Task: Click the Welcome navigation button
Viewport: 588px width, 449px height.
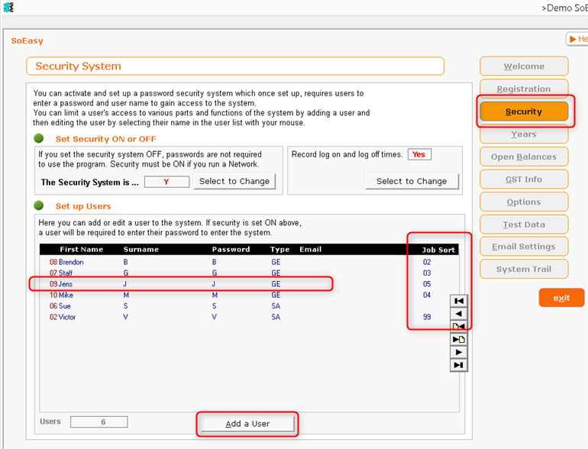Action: (x=524, y=66)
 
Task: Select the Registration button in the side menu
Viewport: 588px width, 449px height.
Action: (x=524, y=89)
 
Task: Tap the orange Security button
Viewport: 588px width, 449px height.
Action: (x=524, y=111)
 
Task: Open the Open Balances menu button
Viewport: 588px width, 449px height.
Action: (x=524, y=157)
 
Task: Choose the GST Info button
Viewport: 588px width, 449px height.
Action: (x=524, y=179)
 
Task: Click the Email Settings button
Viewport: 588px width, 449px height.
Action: (x=524, y=247)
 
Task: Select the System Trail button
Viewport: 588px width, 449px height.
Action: (x=524, y=269)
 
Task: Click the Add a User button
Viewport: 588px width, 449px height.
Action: (x=247, y=424)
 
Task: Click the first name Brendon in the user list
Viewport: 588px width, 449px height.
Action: (x=71, y=262)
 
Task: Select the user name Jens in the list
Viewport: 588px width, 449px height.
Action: (x=65, y=284)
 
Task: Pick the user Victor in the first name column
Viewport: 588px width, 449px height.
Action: (x=66, y=317)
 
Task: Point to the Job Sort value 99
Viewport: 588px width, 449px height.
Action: (x=427, y=317)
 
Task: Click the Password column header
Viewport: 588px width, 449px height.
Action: (x=231, y=250)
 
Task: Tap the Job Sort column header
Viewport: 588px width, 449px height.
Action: (x=438, y=250)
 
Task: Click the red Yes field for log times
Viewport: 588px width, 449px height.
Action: (x=419, y=154)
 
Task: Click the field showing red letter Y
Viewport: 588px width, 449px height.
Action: (x=166, y=182)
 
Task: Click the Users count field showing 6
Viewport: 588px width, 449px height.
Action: (x=99, y=422)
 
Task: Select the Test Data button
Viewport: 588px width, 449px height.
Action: (x=524, y=224)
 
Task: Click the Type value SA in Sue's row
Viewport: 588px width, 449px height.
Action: (x=276, y=306)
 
